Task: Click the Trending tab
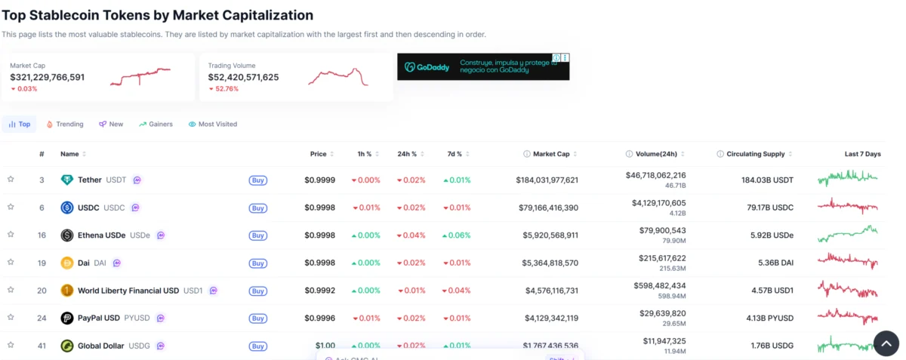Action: (65, 124)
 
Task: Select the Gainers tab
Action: (156, 124)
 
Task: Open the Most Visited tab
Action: (213, 124)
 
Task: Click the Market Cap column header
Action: (551, 154)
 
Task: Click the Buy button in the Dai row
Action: (257, 263)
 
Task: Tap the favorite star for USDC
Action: (11, 207)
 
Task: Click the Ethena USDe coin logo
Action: (66, 235)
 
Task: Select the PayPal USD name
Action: (99, 318)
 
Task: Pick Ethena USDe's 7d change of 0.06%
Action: (457, 235)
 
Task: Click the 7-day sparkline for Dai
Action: (848, 262)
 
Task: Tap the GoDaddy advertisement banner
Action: (483, 66)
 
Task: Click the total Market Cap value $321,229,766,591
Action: (48, 77)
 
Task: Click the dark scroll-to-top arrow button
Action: (886, 343)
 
